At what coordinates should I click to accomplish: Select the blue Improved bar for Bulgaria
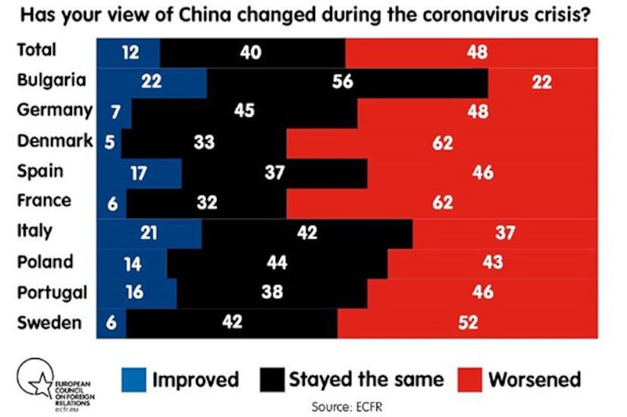point(151,82)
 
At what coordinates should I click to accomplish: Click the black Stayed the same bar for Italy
point(307,231)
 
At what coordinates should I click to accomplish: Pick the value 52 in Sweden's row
point(469,321)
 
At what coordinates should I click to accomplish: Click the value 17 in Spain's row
point(139,172)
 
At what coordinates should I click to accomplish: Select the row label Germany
point(54,111)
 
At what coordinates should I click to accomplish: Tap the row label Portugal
point(53,292)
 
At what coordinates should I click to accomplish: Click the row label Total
point(38,51)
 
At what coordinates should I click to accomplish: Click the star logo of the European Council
point(36,379)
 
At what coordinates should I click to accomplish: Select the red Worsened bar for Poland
point(491,262)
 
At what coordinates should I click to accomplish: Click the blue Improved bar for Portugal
point(136,292)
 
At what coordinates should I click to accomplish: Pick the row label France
point(45,201)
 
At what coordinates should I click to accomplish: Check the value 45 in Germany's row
point(244,111)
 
